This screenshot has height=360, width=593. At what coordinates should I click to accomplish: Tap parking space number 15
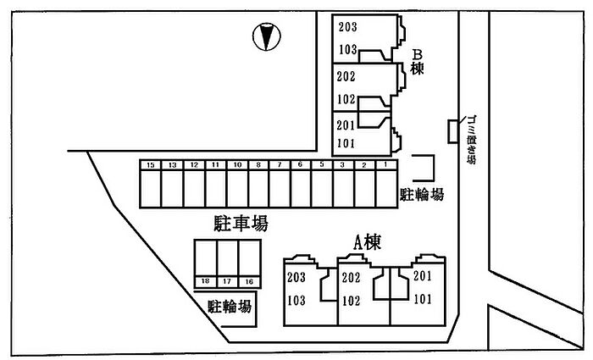(150, 185)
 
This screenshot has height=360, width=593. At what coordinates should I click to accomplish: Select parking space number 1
(385, 185)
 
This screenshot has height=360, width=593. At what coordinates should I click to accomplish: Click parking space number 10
(237, 185)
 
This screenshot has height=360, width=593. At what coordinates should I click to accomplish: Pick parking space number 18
(205, 263)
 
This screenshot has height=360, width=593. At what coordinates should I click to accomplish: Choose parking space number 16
(248, 263)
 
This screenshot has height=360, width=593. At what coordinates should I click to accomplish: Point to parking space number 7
(280, 185)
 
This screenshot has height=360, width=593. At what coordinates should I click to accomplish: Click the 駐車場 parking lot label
(241, 224)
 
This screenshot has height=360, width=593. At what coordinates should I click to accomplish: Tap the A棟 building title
(367, 243)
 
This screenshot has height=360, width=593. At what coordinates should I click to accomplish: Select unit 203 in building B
(347, 27)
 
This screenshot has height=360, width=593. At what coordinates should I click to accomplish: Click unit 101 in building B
(346, 142)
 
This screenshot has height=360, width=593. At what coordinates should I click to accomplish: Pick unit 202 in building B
(346, 76)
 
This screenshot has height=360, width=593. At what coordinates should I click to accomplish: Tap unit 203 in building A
(296, 278)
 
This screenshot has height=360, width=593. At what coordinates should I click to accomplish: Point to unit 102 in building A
(352, 300)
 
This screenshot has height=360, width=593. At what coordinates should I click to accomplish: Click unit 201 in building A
(423, 276)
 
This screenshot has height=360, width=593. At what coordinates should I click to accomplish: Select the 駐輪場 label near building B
(421, 195)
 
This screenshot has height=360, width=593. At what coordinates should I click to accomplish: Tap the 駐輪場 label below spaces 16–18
(230, 306)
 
